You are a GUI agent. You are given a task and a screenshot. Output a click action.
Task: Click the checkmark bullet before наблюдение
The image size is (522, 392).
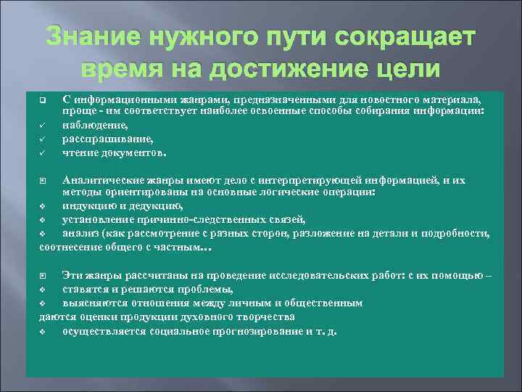click(x=43, y=125)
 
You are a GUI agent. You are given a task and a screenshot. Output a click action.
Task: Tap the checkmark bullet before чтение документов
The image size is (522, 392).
click(x=43, y=152)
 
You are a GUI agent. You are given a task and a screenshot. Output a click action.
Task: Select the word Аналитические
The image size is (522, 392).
click(x=98, y=179)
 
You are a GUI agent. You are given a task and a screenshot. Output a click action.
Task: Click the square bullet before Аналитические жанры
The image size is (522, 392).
click(x=43, y=179)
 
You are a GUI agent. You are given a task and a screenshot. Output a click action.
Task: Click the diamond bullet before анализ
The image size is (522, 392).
click(x=43, y=233)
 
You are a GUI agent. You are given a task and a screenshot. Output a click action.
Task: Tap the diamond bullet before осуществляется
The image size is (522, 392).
click(x=43, y=331)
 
